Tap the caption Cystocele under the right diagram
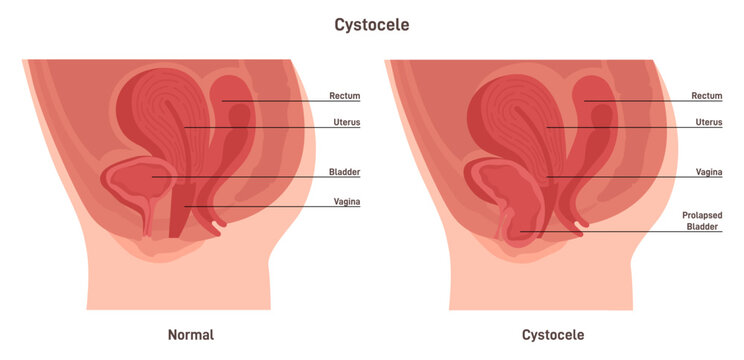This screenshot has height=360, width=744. pyautogui.click(x=553, y=334)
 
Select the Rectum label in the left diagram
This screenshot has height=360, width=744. pyautogui.click(x=345, y=96)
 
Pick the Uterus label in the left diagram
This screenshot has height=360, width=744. pyautogui.click(x=345, y=122)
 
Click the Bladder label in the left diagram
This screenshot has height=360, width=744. pyautogui.click(x=344, y=172)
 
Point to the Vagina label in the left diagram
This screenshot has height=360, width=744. pyautogui.click(x=346, y=202)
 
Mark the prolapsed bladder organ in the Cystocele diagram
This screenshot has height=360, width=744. pyautogui.click(x=512, y=215)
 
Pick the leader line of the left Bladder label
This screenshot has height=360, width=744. pyautogui.click(x=250, y=177)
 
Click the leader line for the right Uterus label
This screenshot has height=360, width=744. pyautogui.click(x=620, y=127)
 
